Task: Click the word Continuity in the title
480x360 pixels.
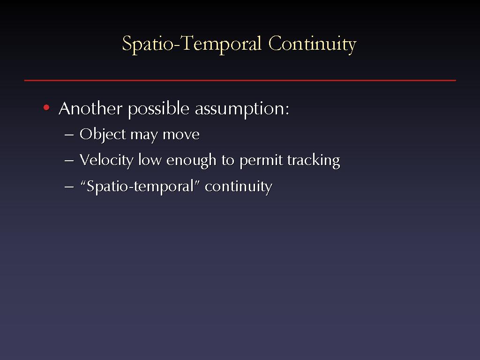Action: point(312,44)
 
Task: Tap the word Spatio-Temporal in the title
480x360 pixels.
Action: point(192,44)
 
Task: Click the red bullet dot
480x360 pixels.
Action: point(46,107)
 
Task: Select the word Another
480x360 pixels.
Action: point(90,109)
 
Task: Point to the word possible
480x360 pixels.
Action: point(158,110)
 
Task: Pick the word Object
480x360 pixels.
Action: point(103,135)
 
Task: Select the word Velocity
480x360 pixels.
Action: point(106,160)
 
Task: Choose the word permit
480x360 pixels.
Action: point(261,161)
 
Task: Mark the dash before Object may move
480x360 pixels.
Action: point(69,135)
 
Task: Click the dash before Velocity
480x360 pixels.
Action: point(69,161)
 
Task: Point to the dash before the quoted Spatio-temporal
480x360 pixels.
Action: point(69,187)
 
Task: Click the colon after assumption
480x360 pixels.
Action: point(287,110)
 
